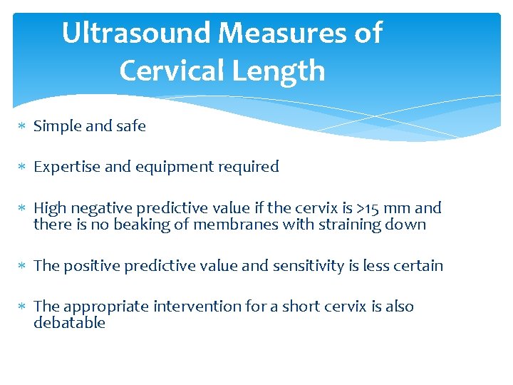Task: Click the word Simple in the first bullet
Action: (x=57, y=126)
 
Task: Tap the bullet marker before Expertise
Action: (x=22, y=168)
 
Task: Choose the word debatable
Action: (x=70, y=323)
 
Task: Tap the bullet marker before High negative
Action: (x=22, y=209)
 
